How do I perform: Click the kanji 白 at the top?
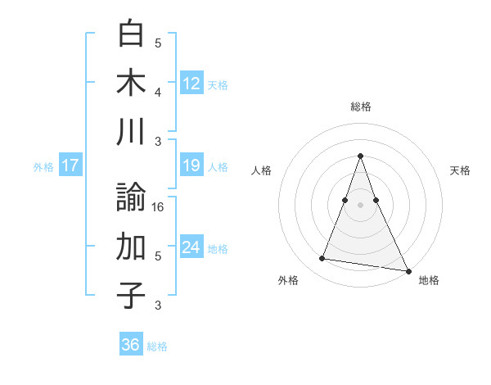tap(131, 34)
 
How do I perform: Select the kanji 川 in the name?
tap(131, 132)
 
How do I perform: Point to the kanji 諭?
tap(131, 197)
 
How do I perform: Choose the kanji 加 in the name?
tap(131, 246)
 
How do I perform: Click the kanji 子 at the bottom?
tap(131, 295)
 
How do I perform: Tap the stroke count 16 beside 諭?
tap(159, 207)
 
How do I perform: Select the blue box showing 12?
tap(191, 84)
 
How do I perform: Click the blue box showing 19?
tap(191, 165)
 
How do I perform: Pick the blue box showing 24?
tap(191, 247)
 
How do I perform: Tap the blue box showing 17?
tap(70, 165)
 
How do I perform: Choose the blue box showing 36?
tap(131, 345)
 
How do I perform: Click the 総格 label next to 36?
tap(157, 346)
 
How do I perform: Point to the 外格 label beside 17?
tap(43, 166)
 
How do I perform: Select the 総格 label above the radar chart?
tap(361, 106)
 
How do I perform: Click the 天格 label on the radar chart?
tap(460, 170)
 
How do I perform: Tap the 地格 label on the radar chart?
tap(429, 280)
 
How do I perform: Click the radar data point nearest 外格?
tap(322, 259)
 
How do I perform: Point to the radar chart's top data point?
tap(361, 156)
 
